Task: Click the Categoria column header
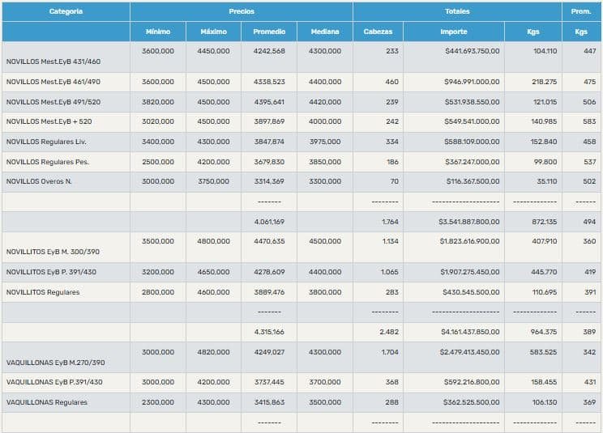66,12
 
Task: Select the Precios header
241,12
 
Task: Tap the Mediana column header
324,32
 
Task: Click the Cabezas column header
378,32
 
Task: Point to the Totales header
457,12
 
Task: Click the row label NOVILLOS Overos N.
39,181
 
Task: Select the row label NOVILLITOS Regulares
43,292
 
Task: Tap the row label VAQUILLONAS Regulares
45,402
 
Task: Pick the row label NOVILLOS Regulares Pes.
48,162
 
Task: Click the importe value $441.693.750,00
472,51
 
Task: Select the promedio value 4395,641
269,102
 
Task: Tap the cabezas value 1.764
390,221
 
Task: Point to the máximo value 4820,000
213,352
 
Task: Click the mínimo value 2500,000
158,162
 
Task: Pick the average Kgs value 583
589,121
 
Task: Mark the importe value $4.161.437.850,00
469,332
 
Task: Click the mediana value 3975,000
324,142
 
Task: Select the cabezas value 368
392,382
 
